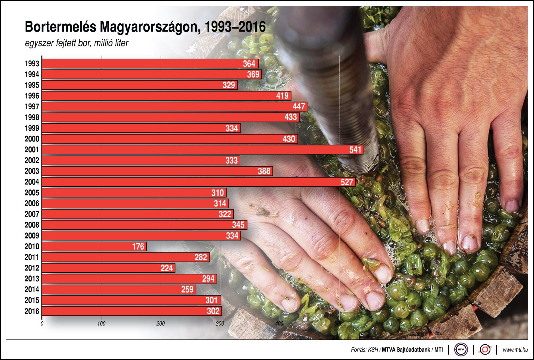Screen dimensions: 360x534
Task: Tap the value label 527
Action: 347,182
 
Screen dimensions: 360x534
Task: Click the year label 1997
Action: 32,107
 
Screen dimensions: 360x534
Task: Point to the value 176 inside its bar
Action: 138,246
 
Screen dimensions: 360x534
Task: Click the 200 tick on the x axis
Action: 161,324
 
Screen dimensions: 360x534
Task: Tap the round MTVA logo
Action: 461,349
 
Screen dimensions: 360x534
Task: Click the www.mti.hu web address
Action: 515,350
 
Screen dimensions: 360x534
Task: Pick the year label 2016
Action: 32,311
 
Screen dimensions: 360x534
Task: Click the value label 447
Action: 299,106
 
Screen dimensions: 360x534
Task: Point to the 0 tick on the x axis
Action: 42,324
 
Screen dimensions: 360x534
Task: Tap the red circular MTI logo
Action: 485,349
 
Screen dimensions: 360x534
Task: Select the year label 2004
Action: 32,182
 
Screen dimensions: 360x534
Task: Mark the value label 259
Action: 187,289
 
